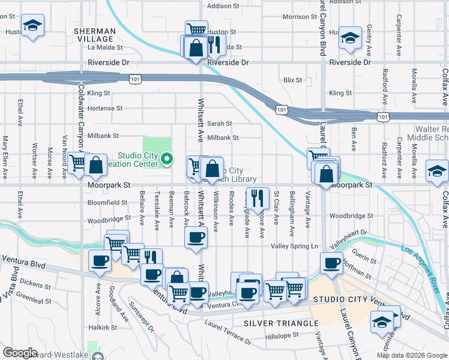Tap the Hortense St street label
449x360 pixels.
pos(104,109)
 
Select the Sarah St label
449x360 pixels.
pos(219,124)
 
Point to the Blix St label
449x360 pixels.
pos(292,79)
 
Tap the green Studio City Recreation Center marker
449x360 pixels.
pos(167,159)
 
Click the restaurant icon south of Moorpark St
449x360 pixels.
pos(257,197)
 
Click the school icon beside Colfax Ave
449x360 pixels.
pos(437,172)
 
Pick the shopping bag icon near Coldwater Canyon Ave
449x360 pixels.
pos(95,164)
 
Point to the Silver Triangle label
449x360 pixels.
pos(281,323)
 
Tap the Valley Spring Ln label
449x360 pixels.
pos(294,247)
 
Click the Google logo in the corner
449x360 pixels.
pos(20,353)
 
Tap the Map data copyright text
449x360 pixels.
pos(411,355)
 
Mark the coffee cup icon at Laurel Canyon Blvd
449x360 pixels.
pos(331,262)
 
